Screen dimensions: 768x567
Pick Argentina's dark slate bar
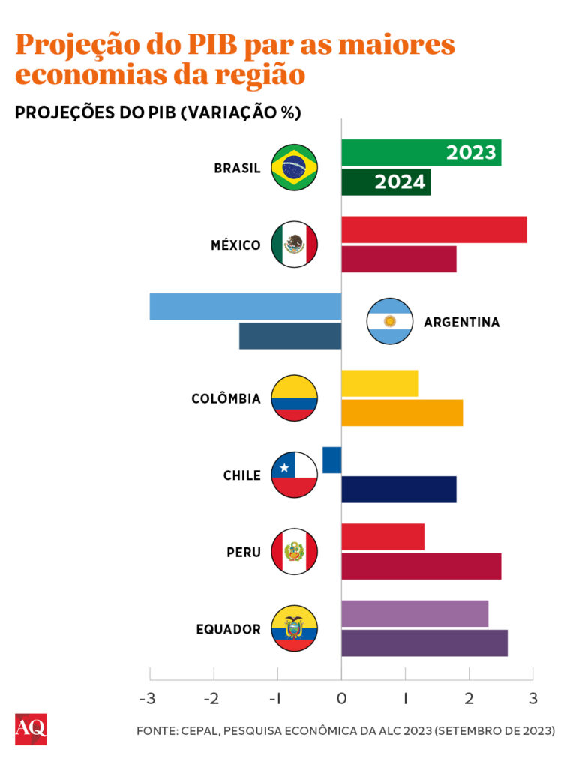(x=290, y=336)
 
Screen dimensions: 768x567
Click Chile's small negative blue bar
(x=332, y=460)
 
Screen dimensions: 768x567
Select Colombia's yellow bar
(x=379, y=383)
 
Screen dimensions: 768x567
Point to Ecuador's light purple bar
(x=415, y=613)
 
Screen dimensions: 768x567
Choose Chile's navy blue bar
(x=398, y=489)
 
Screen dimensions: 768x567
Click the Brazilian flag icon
(x=294, y=167)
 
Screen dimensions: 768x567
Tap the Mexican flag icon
(x=294, y=244)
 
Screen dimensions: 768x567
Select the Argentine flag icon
(x=389, y=321)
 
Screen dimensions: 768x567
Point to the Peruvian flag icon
(x=294, y=552)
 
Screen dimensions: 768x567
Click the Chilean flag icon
(x=294, y=475)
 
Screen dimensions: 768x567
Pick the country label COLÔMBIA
(x=226, y=398)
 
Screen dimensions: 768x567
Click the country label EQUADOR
(x=229, y=629)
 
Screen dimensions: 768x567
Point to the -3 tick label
(x=148, y=699)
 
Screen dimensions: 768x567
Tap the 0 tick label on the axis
(x=341, y=699)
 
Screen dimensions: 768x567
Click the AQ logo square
(x=31, y=729)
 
